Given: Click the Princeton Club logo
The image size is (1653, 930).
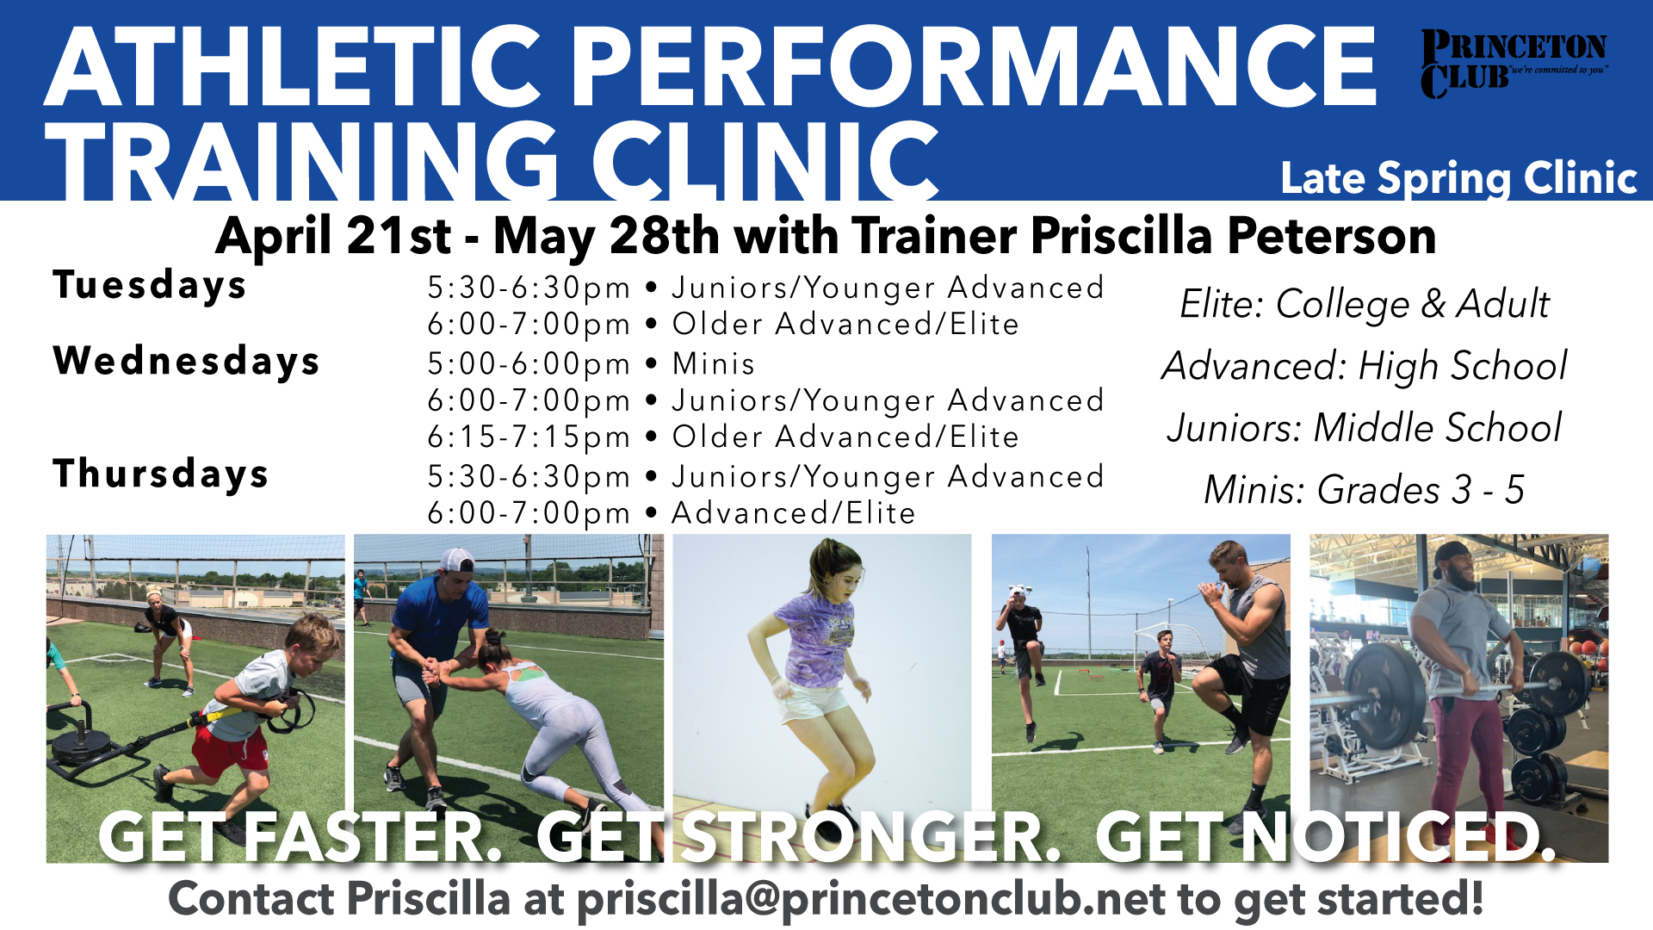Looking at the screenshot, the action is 1514,65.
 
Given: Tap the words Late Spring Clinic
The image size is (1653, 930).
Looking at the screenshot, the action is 1458,179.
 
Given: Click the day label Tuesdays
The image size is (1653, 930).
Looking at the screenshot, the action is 150,285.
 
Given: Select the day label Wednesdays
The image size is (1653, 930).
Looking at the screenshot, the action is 187,361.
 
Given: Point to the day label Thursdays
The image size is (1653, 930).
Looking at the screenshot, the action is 161,474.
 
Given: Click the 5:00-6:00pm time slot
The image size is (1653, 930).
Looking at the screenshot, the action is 529,364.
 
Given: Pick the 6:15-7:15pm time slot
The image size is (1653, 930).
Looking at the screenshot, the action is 529,437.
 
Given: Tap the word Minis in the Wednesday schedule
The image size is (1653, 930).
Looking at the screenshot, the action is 714,363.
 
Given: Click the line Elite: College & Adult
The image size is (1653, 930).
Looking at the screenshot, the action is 1365,304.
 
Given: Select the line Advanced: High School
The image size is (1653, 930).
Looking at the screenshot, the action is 1365,366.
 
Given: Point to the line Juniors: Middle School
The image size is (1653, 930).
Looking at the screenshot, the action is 1365,428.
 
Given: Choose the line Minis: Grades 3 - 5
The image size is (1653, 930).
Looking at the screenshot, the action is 1365,490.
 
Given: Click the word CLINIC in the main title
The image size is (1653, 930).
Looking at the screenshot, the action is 765,161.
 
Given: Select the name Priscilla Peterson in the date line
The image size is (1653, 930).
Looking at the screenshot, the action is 1233,237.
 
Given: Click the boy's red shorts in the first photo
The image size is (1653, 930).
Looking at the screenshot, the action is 229,749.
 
